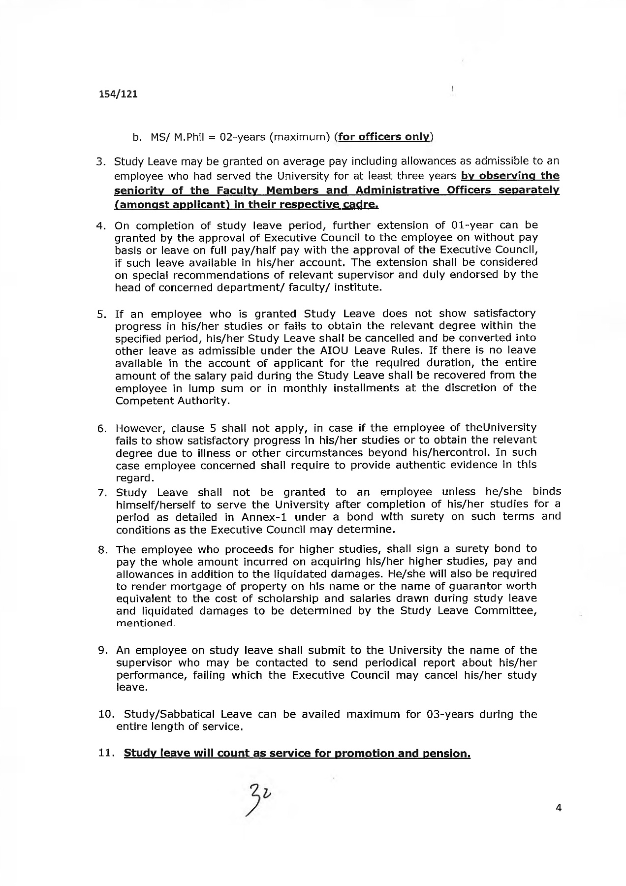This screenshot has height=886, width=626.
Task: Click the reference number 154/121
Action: point(117,94)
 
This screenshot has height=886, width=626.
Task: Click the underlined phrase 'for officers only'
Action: point(384,136)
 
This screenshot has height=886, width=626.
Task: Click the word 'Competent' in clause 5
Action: point(139,401)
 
